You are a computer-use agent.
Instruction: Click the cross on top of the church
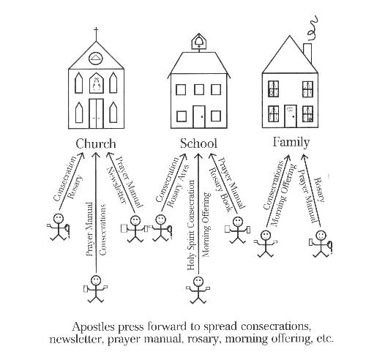pos(96,34)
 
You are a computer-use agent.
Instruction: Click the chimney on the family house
pos(307,53)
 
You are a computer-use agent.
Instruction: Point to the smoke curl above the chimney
pos(313,29)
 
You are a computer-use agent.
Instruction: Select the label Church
pos(96,143)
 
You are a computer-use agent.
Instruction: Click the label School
pos(198,143)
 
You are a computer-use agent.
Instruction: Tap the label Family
pos(291,143)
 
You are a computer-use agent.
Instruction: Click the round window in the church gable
pos(96,59)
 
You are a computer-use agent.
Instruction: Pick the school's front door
pos(199,116)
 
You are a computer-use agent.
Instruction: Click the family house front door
pos(291,116)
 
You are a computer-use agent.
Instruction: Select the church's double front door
pos(96,113)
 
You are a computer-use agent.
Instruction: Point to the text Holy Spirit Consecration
pos(191,225)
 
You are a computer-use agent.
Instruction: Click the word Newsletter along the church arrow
pos(117,185)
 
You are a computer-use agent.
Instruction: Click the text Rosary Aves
pos(178,186)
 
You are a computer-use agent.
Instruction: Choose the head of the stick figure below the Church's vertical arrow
pos(95,280)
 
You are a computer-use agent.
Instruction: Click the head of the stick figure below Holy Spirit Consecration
pos(198,282)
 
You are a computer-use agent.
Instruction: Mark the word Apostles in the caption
pos(93,327)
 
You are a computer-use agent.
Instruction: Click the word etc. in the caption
pos(325,339)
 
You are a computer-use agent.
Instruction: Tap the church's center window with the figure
pos(97,83)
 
